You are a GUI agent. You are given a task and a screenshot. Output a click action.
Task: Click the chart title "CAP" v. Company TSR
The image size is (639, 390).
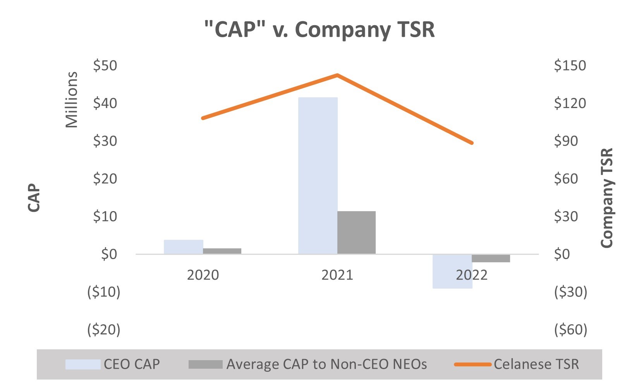(319, 30)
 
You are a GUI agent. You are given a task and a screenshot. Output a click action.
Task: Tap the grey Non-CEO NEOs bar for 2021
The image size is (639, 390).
(356, 232)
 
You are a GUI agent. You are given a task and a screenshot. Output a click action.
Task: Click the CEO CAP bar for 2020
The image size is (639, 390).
(183, 247)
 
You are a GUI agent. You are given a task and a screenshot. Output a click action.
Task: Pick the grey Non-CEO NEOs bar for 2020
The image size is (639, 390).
(222, 251)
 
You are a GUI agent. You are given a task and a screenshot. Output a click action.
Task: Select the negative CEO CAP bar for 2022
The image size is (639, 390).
(452, 271)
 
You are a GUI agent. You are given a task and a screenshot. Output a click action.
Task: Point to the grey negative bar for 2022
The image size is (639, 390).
(491, 258)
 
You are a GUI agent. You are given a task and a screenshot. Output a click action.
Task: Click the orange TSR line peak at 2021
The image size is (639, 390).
(337, 75)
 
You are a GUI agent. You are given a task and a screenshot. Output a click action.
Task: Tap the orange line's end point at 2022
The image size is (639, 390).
(472, 143)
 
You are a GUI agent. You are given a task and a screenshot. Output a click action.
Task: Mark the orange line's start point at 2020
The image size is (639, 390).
(203, 118)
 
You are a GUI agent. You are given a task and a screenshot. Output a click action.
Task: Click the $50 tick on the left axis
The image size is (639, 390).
(105, 65)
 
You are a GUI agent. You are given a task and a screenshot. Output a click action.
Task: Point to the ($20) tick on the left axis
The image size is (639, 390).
(103, 330)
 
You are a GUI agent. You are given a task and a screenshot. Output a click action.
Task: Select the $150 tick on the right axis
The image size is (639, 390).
(570, 65)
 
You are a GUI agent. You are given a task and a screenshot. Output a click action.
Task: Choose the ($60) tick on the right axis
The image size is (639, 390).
(571, 330)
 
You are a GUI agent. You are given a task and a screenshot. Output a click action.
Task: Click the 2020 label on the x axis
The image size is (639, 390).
(203, 275)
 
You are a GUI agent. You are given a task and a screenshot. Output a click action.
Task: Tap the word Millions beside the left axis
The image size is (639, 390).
(72, 100)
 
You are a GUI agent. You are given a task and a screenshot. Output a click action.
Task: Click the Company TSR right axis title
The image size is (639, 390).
(607, 198)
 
